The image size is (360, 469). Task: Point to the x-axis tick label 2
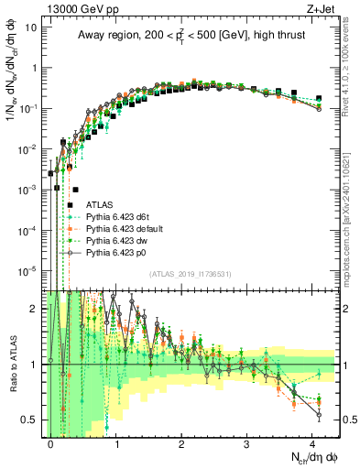[x=181, y=442]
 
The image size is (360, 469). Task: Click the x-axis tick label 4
[x=312, y=442]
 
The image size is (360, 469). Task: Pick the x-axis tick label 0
[x=50, y=442]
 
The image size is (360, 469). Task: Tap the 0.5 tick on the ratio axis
[x=29, y=420]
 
